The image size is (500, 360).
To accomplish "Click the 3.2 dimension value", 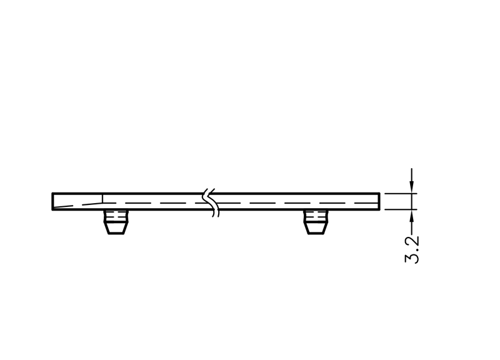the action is tap(412, 249).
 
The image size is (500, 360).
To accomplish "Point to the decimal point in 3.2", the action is tap(417, 249).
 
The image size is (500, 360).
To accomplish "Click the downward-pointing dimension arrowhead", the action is tap(412, 187).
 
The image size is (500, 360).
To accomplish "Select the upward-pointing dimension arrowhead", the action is tap(412, 216).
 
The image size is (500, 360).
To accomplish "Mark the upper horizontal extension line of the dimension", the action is tap(401, 193).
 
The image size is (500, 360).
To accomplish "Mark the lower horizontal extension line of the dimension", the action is tap(401, 209).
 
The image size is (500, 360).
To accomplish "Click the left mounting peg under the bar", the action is tap(116, 222).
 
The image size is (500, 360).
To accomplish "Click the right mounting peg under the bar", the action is tap(316, 222).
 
